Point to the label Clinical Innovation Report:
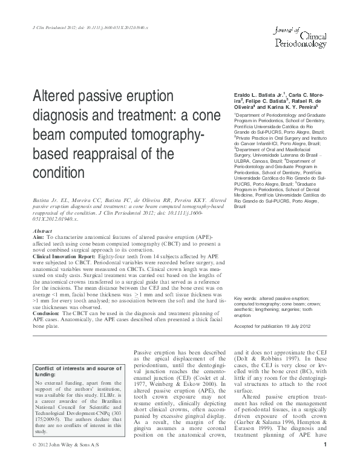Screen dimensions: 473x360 tap(66, 256)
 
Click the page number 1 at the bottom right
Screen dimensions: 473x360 tap(325, 463)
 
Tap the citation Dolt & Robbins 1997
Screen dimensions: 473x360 tap(262, 357)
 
